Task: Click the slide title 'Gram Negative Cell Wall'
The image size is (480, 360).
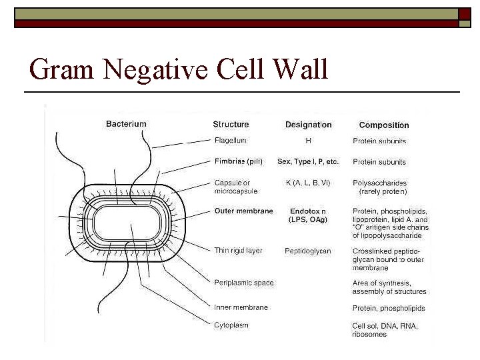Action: click(179, 69)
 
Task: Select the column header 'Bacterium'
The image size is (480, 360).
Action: click(126, 124)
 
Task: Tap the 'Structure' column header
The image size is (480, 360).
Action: click(231, 125)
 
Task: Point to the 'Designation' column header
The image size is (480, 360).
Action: click(308, 125)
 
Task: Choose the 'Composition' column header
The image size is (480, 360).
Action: click(384, 125)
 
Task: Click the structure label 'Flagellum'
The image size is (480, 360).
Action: click(231, 141)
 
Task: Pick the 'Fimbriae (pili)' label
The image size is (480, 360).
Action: click(239, 162)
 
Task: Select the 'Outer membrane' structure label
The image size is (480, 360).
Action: click(243, 211)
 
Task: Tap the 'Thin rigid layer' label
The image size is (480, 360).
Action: click(238, 251)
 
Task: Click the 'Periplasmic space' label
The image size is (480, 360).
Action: click(244, 283)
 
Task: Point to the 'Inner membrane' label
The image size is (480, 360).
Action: click(241, 308)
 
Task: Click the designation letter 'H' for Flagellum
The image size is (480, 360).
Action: click(308, 141)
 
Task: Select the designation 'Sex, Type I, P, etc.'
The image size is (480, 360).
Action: click(308, 162)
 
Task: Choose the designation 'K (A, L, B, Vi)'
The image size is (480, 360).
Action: click(308, 183)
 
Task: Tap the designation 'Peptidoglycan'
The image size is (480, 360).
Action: click(308, 251)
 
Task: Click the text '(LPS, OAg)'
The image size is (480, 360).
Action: click(308, 219)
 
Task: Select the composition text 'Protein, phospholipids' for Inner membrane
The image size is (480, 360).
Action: click(389, 309)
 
